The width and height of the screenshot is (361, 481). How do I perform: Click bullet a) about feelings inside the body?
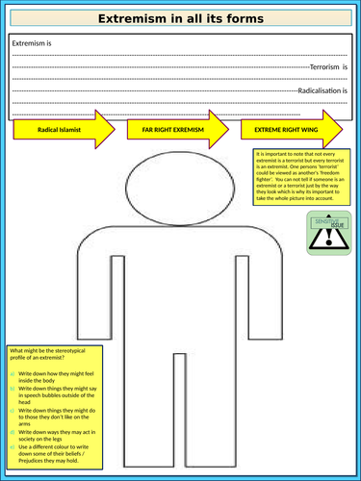(53, 377)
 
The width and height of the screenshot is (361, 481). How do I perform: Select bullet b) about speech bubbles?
(53, 397)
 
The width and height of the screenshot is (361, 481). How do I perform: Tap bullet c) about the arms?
(53, 418)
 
